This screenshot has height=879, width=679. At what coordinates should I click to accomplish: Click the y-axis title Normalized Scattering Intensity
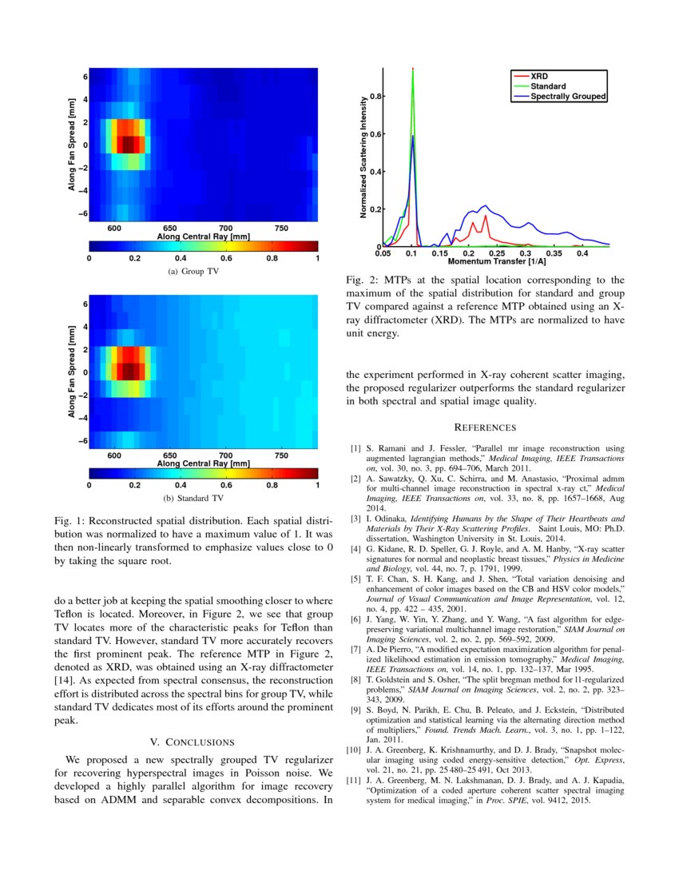coord(364,157)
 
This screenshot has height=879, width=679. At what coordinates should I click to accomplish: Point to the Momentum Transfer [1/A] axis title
coord(497,261)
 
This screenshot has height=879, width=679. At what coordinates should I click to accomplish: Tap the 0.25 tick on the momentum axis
coord(497,253)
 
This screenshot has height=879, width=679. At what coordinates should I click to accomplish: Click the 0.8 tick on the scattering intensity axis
coord(374,96)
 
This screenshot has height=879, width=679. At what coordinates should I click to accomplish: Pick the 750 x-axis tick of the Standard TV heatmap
coord(281,455)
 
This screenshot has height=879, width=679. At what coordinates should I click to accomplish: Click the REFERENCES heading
coord(485,428)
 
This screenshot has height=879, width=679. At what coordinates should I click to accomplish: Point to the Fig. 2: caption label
coord(362,280)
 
